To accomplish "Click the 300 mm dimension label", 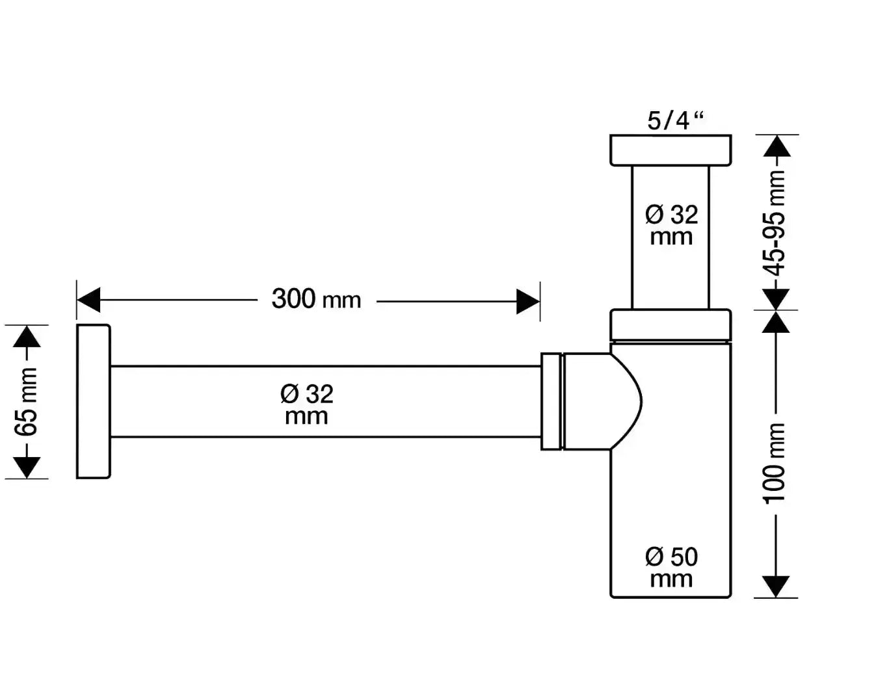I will point(316,300).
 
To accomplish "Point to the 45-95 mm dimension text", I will point(776,223).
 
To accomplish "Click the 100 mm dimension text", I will point(776,462).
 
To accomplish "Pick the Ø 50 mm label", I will point(671,567).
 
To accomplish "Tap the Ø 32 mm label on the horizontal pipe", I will point(306,404).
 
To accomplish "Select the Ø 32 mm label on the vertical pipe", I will point(671,224).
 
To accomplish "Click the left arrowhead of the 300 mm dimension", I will point(88,301).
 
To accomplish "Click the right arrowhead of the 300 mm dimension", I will point(528,301).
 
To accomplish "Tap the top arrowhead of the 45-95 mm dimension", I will point(776,146).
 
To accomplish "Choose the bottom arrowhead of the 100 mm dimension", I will point(776,586).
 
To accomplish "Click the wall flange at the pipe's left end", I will point(93,402).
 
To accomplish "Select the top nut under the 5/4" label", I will point(670,150).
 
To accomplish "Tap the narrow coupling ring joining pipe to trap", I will point(551,401).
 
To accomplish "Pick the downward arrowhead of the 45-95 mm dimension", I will point(776,299).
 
